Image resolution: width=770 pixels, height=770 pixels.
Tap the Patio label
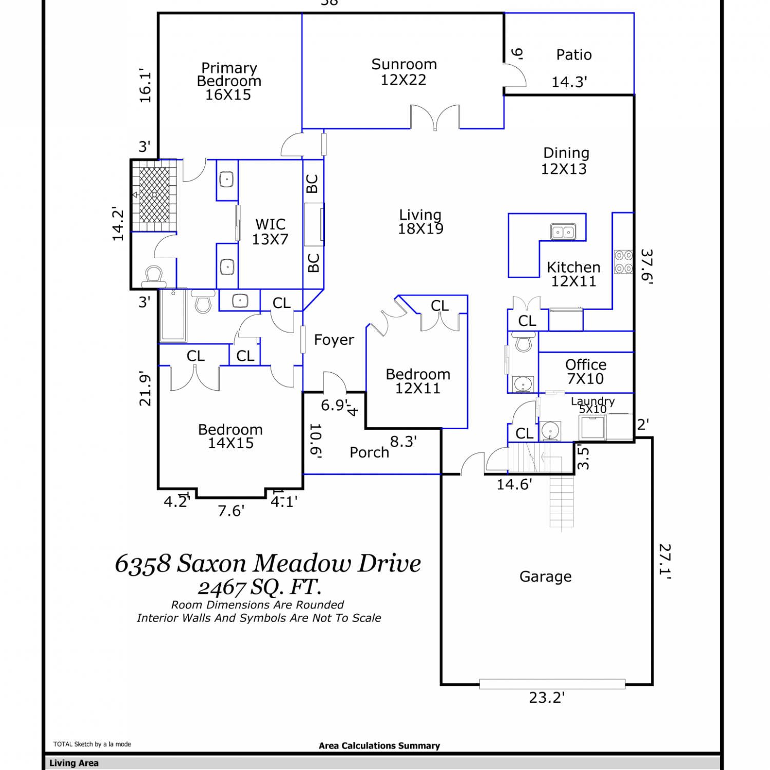coord(574,55)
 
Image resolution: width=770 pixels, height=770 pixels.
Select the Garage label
coord(546,577)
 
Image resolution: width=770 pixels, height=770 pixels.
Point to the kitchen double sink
coord(563,232)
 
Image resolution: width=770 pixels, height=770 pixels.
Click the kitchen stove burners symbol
coord(624,262)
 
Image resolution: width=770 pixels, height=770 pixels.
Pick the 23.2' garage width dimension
coord(547,698)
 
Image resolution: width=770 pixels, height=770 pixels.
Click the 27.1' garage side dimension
coord(665,562)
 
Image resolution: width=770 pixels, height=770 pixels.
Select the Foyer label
coord(334,340)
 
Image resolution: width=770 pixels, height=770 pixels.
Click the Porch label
coord(369,452)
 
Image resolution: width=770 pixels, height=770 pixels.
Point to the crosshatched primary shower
coord(155,195)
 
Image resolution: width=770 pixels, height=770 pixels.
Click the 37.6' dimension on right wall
coord(647,267)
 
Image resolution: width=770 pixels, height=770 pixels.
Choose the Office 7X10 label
coord(586,372)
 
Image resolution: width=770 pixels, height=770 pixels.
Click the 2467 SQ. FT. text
coord(260,587)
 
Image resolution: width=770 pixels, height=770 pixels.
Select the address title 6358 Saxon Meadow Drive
coord(268,563)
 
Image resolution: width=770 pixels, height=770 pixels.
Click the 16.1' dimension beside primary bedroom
coord(145,86)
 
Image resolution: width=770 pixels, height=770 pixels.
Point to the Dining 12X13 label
coord(565,161)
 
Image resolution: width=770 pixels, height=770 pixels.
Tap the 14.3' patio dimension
coord(569,82)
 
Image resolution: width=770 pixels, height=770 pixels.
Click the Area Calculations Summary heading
coord(379,746)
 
